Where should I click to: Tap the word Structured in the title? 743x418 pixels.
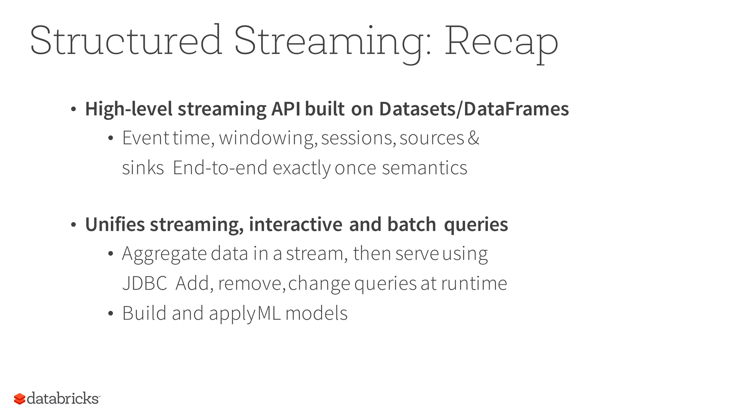126,41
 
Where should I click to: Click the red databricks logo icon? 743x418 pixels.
20,399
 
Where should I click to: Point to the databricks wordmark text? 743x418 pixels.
63,398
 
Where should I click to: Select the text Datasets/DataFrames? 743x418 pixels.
474,109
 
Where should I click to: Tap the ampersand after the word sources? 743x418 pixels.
473,138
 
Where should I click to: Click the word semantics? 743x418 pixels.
424,168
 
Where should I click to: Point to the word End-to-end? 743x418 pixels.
220,168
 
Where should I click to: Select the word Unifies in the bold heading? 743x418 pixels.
115,224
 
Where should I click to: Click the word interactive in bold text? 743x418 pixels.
295,224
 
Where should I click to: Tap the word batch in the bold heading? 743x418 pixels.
411,224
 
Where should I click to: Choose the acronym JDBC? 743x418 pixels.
144,283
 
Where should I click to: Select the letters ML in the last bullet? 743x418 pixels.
269,313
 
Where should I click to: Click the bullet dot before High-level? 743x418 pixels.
73,109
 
